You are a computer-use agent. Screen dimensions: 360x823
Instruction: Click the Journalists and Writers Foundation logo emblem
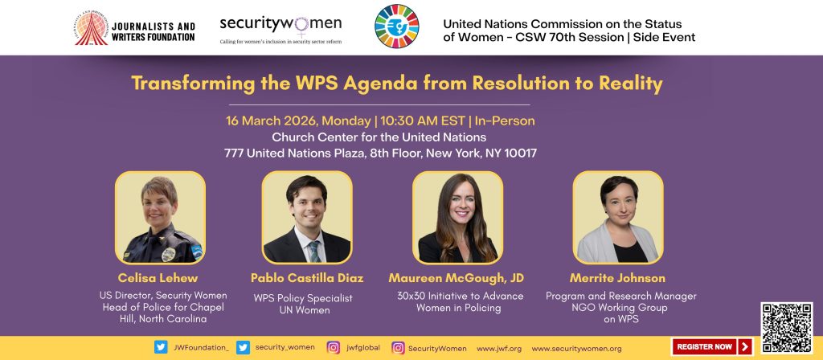pyautogui.click(x=92, y=27)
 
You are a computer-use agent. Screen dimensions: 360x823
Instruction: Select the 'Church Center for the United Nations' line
pyautogui.click(x=379, y=137)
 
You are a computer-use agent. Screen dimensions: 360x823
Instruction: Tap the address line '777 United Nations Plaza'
pyautogui.click(x=380, y=153)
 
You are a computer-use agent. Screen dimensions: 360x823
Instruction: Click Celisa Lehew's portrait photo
pyautogui.click(x=160, y=218)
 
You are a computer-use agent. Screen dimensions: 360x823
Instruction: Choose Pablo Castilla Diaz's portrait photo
pyautogui.click(x=307, y=218)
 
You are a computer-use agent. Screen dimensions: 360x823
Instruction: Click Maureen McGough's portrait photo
pyautogui.click(x=457, y=218)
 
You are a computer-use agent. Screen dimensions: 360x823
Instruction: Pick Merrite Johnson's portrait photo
pyautogui.click(x=617, y=218)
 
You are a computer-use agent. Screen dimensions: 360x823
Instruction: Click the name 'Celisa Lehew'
pyautogui.click(x=159, y=278)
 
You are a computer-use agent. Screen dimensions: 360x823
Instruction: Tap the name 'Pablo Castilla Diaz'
pyautogui.click(x=307, y=278)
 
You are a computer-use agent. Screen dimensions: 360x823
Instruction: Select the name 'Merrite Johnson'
pyautogui.click(x=617, y=278)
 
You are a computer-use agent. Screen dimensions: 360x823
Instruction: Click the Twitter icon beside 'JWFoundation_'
pyautogui.click(x=162, y=348)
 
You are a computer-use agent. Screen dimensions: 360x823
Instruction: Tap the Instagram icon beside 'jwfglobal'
pyautogui.click(x=333, y=348)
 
